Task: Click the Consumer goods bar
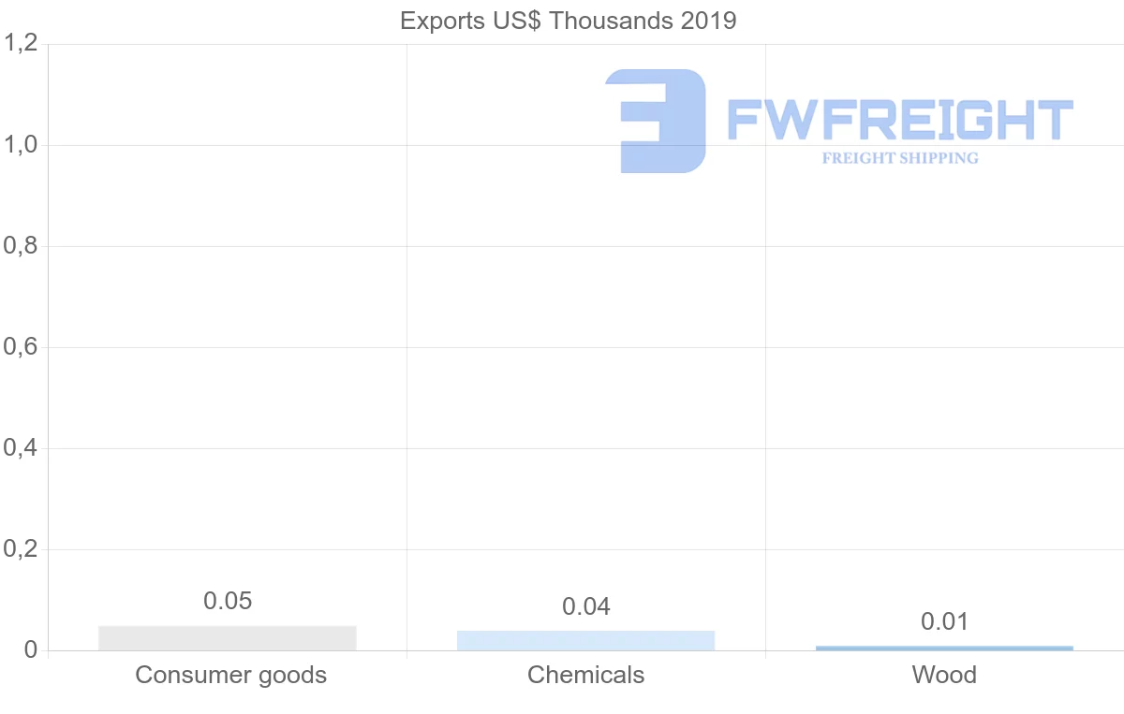(228, 638)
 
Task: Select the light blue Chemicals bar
(585, 641)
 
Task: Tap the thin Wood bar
(944, 648)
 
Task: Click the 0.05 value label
(228, 601)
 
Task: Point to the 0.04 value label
(586, 606)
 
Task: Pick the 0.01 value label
(944, 621)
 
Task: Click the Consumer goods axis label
(230, 675)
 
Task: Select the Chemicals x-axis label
(586, 675)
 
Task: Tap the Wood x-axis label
(944, 675)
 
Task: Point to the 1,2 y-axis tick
(22, 44)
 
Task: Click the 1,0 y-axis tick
(22, 145)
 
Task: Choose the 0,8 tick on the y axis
(22, 246)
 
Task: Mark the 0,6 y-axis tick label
(22, 347)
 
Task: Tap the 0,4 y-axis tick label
(22, 448)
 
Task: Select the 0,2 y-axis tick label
(22, 549)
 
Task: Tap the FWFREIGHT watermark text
(900, 120)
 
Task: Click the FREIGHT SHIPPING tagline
(900, 158)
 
